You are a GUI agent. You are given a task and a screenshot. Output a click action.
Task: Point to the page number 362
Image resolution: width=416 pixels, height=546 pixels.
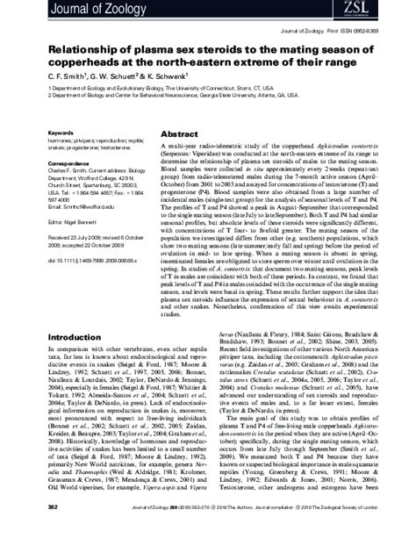(x=54, y=532)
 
